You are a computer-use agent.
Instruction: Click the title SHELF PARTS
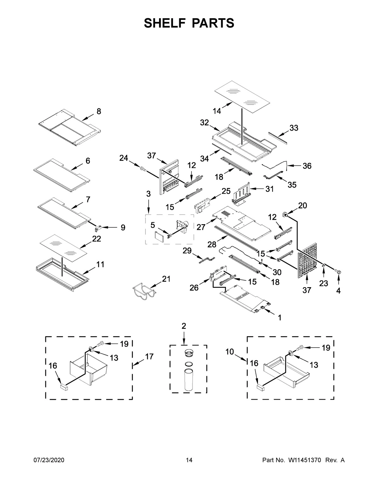click(x=189, y=23)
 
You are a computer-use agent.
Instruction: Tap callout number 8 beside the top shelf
click(x=99, y=111)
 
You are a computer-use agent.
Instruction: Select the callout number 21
click(x=166, y=279)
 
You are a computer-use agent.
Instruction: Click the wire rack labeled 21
click(x=143, y=291)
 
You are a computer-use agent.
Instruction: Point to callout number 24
click(x=123, y=158)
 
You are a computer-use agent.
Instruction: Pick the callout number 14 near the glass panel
click(x=217, y=111)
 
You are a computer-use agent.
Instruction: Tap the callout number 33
click(x=294, y=128)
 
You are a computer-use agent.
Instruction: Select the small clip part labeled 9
click(x=99, y=226)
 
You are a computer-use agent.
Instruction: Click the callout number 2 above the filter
click(x=184, y=326)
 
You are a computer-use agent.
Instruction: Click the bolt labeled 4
click(x=338, y=271)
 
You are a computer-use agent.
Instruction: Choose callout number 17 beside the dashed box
click(x=149, y=357)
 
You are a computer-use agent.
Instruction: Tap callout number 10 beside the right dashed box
click(x=230, y=351)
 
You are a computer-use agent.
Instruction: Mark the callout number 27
click(x=201, y=227)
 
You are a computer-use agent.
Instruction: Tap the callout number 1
click(x=279, y=318)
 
